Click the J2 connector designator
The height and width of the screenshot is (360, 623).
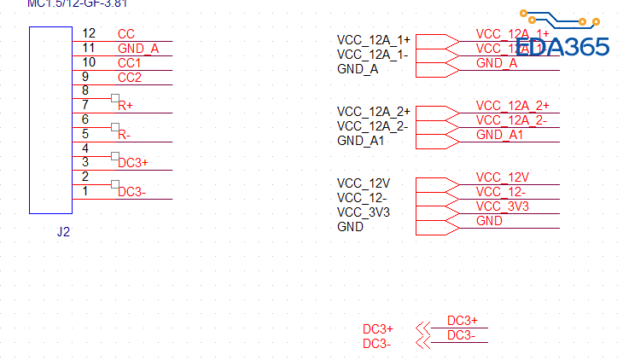tap(63, 232)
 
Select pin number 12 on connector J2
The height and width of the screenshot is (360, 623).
tap(89, 33)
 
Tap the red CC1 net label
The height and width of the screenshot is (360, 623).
tap(130, 63)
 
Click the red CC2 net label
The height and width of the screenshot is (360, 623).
tap(130, 78)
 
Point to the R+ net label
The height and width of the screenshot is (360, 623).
tap(125, 107)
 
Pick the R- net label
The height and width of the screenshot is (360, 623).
tap(125, 135)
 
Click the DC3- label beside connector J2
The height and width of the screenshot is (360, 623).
tap(132, 192)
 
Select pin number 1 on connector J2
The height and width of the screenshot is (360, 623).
tap(85, 192)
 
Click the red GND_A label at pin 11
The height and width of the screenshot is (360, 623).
tap(138, 49)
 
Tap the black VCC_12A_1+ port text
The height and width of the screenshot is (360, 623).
tap(374, 41)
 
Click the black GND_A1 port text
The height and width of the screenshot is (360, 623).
tap(360, 141)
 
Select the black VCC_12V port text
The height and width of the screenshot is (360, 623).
tap(364, 183)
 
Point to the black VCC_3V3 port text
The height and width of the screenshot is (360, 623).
tap(364, 212)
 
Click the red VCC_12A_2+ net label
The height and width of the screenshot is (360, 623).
tap(512, 106)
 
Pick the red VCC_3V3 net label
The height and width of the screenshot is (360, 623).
tap(503, 206)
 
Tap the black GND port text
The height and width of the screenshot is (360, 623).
tap(350, 227)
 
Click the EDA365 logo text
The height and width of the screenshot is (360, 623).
tap(563, 45)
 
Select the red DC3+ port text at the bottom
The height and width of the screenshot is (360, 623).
tap(378, 329)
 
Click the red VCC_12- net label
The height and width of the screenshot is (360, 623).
tap(501, 192)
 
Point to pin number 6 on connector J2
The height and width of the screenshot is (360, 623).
tap(85, 119)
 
